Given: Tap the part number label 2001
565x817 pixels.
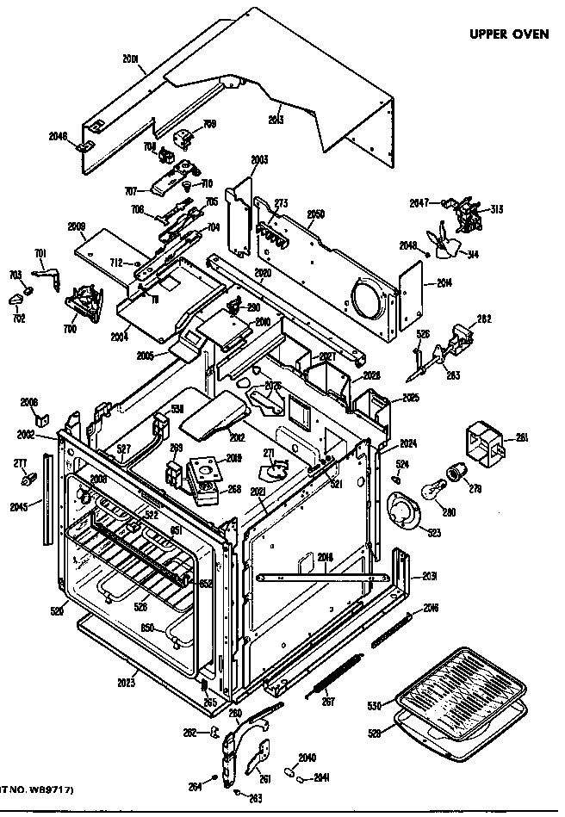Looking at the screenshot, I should click(x=131, y=59).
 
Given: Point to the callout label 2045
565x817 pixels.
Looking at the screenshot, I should click(x=16, y=505).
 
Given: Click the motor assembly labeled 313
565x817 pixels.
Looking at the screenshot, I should click(x=470, y=214).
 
